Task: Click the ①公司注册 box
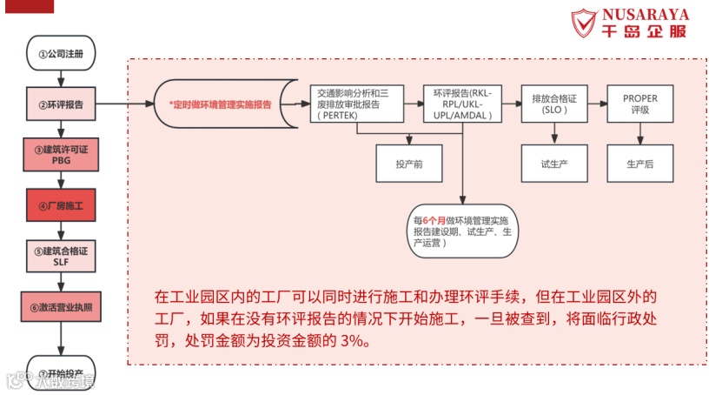(x=61, y=53)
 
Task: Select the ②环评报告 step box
(x=61, y=104)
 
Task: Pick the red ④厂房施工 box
(x=61, y=205)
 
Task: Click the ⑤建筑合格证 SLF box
(x=61, y=256)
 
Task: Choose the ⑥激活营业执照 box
(x=61, y=307)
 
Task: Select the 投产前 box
(x=407, y=163)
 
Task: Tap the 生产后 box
(x=640, y=163)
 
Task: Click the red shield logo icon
(x=584, y=24)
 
